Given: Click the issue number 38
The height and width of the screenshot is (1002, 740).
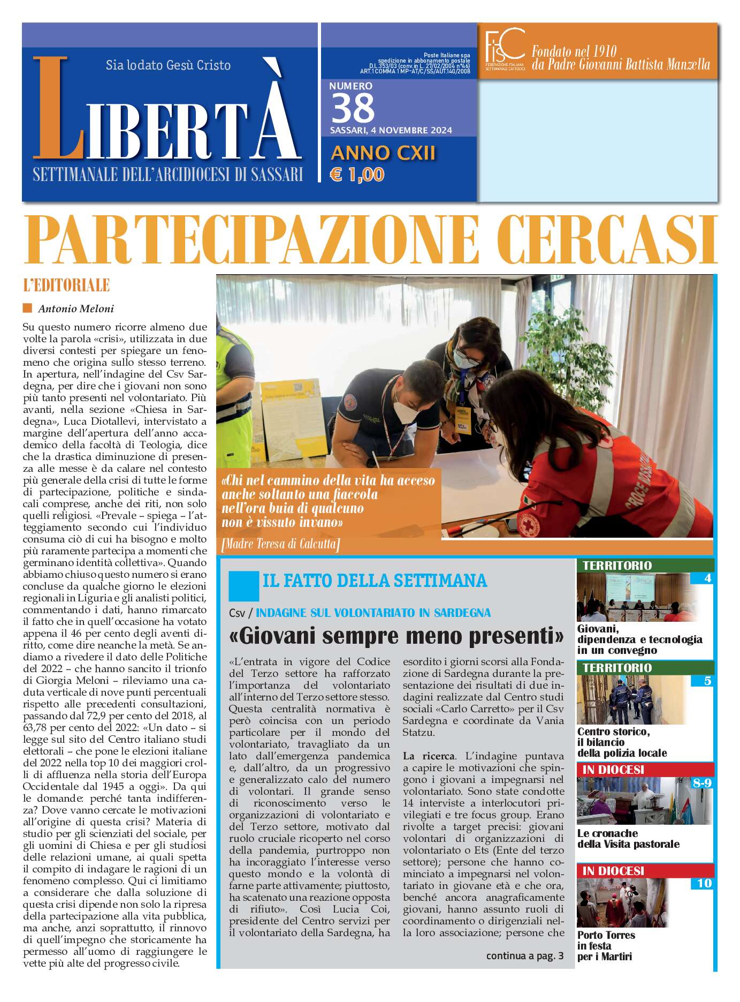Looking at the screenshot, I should pos(353,109).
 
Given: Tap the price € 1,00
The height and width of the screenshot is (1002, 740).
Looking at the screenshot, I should pos(357,175).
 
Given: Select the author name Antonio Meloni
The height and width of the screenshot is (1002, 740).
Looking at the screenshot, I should pos(76,308).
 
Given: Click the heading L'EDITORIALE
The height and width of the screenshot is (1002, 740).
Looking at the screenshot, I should pos(66,285).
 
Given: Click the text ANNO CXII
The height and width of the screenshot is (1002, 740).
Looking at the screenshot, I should pos(383,153).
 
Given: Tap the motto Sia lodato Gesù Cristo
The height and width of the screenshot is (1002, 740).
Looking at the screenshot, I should pos(168,65).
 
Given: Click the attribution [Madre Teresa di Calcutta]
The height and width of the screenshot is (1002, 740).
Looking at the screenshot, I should pos(280,545).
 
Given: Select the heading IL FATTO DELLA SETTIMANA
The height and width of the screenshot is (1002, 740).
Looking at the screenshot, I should pos(375,581).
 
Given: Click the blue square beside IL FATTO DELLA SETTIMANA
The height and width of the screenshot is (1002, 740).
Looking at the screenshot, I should pos(243,586).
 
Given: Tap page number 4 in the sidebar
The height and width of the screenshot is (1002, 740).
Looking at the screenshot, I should pos(707,578).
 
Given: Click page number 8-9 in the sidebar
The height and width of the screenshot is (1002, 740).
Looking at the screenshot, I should pos(701,783).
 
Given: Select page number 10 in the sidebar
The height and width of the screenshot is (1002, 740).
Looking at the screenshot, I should pos(704,883).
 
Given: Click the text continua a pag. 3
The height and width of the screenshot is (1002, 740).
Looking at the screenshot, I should pos(524,955).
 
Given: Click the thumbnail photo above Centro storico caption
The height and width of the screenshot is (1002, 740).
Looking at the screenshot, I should pos(623,699).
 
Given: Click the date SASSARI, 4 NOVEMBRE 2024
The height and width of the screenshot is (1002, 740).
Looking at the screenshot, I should pos(391,131).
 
